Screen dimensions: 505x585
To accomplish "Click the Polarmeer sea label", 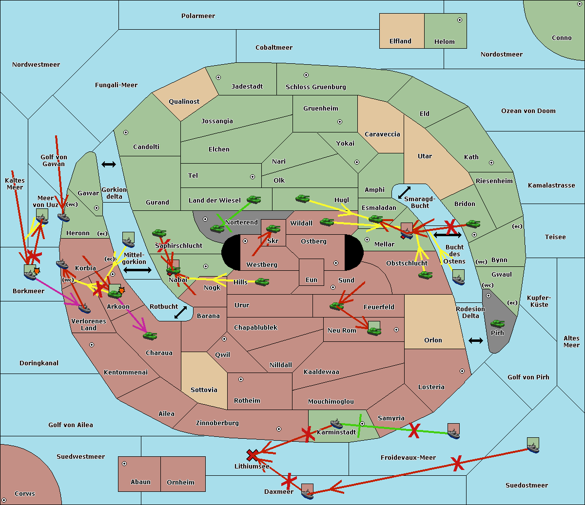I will (198, 16).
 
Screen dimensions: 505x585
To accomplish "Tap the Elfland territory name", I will (400, 41).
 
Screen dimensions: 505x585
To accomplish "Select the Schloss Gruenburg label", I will (315, 87).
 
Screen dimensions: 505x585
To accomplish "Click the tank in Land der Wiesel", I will (253, 199).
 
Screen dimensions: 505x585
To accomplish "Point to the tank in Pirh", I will (497, 324).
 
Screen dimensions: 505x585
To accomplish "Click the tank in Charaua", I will (150, 336).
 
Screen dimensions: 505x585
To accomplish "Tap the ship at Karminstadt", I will (336, 423).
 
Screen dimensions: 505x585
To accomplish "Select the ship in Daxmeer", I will (307, 492).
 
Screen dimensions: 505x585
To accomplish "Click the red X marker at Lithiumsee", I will (252, 455).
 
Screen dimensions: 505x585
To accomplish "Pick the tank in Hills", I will (262, 281).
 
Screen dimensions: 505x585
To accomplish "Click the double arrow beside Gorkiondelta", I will (108, 165).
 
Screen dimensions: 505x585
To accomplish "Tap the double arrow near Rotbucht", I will (180, 312).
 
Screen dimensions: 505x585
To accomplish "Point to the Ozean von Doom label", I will (528, 111).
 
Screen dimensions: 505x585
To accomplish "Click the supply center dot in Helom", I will (459, 20).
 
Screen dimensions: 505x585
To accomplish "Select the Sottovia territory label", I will (204, 390).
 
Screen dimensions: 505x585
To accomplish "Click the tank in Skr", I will (273, 228).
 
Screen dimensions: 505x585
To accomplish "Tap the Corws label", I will (25, 494).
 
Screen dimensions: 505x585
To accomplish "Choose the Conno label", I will (562, 38).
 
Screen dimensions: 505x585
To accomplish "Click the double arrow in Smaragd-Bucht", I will (404, 193).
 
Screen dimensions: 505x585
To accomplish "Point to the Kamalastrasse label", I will (551, 186).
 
